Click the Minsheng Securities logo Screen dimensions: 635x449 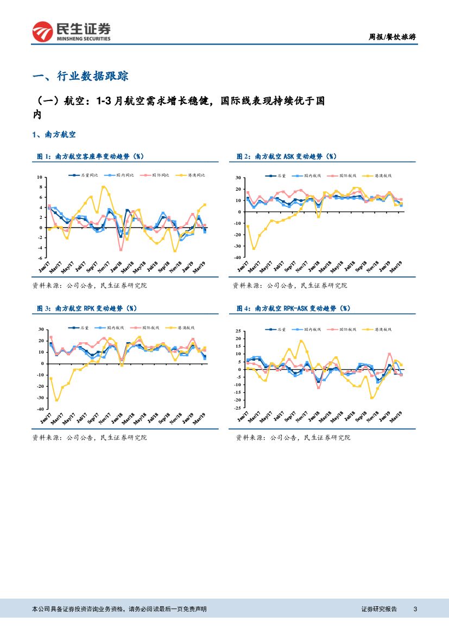71,32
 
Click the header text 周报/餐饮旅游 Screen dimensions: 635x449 393,37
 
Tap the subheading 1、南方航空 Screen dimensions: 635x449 54,134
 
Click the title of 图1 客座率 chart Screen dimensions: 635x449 90,156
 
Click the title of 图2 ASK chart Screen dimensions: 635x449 287,156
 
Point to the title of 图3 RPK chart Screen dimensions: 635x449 87,308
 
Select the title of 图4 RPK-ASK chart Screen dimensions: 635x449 293,308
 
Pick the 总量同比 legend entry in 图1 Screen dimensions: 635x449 87,175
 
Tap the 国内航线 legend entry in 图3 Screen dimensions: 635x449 116,328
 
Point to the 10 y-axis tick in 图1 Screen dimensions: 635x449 39,178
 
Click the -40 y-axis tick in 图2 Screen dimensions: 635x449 238,257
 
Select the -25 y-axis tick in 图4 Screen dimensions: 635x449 238,407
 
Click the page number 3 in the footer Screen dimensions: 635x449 415,609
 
